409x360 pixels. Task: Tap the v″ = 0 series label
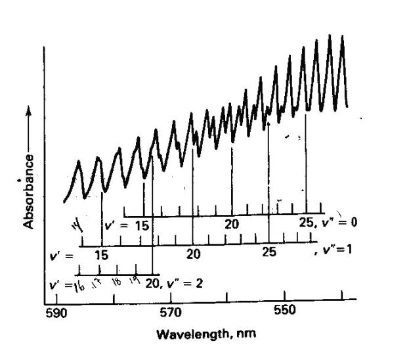pyautogui.click(x=339, y=222)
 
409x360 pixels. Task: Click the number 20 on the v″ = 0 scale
pyautogui.click(x=231, y=224)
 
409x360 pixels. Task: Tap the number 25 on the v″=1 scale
pyautogui.click(x=269, y=252)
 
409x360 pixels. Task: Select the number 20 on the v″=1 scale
pyautogui.click(x=192, y=254)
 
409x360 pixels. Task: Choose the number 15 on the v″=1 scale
pyautogui.click(x=101, y=254)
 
